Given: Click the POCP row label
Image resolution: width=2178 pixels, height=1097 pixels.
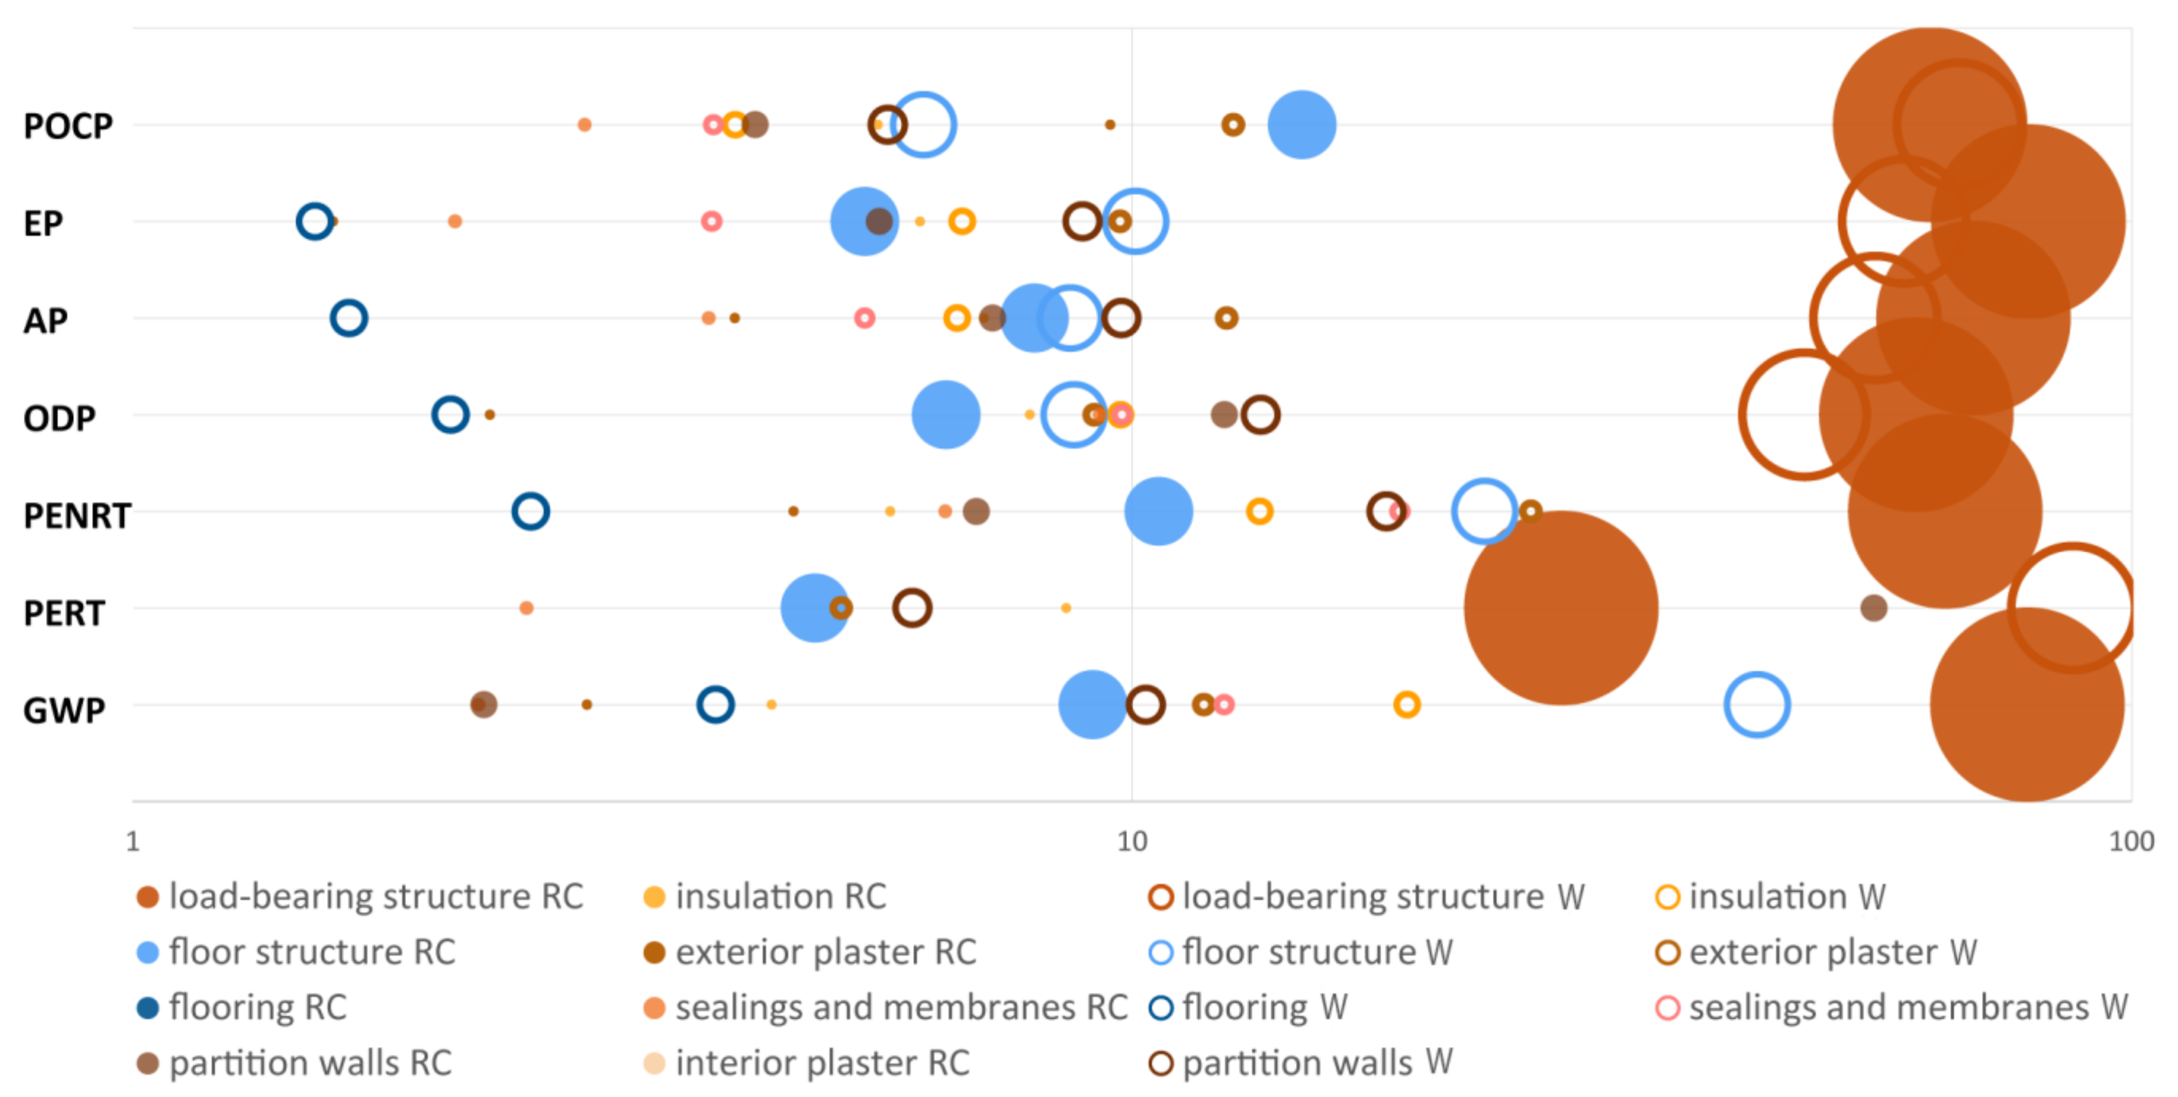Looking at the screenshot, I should (x=68, y=126).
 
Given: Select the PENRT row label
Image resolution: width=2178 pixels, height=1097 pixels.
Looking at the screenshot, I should (x=77, y=515).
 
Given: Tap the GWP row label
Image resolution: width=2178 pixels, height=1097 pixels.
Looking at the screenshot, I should (x=64, y=709).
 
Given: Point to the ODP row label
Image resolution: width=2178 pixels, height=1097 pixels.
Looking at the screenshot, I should (x=59, y=418).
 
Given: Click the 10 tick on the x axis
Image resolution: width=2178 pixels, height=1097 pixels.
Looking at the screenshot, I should (x=1132, y=841).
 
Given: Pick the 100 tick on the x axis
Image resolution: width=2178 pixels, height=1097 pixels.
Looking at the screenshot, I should (x=2131, y=841).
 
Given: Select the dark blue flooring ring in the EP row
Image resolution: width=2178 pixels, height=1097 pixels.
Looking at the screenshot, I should (x=314, y=222).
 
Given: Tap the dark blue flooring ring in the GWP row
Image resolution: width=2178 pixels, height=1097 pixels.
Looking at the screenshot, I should (x=715, y=705).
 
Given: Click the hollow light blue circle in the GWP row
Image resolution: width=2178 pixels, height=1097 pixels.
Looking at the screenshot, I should (x=1757, y=705).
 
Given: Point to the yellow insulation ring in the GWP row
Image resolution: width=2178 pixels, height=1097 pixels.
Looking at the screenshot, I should (x=1407, y=705).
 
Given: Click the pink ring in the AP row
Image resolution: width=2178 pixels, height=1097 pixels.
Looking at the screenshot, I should (x=864, y=318).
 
